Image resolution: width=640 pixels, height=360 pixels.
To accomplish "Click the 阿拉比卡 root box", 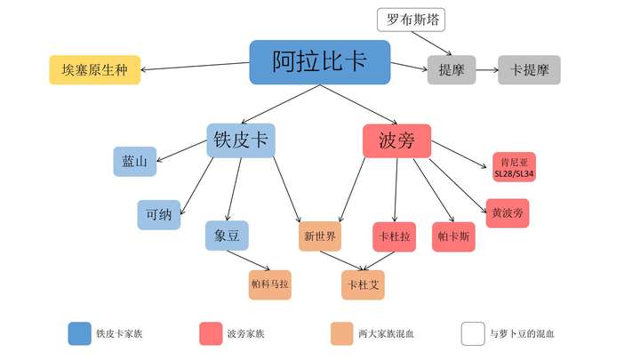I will tap(319, 62).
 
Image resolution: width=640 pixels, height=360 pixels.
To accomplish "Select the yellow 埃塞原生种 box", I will tap(94, 69).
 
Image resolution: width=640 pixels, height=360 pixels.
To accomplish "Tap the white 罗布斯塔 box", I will tap(412, 20).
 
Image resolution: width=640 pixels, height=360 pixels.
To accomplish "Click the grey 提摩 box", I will tap(446, 69).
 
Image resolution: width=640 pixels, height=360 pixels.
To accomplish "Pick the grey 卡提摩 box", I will tap(529, 69).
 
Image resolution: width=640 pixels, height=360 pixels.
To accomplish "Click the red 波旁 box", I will tap(396, 140).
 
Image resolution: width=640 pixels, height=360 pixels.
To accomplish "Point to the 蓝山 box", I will tap(135, 163).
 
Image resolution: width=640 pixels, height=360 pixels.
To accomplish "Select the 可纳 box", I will tap(158, 214).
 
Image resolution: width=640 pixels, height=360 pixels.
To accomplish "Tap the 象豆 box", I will tap(227, 236).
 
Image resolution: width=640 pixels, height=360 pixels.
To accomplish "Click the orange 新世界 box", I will tap(320, 236).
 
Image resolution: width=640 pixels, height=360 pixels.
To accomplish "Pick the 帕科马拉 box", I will tap(269, 284).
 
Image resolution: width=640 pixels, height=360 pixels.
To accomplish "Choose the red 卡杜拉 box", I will tap(394, 236).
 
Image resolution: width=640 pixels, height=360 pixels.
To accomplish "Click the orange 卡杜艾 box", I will tap(363, 284).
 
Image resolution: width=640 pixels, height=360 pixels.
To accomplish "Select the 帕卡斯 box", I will tap(454, 236).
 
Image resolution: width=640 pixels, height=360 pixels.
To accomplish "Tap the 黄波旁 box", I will tap(508, 213).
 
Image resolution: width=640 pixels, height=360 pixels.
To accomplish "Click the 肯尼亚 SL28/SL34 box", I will tap(514, 167).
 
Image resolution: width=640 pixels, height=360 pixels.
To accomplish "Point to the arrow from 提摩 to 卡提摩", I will tap(485, 69).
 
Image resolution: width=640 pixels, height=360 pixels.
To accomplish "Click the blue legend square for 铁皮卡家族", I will tap(81, 333).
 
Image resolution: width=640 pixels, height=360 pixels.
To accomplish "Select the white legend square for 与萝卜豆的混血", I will tap(473, 333).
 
